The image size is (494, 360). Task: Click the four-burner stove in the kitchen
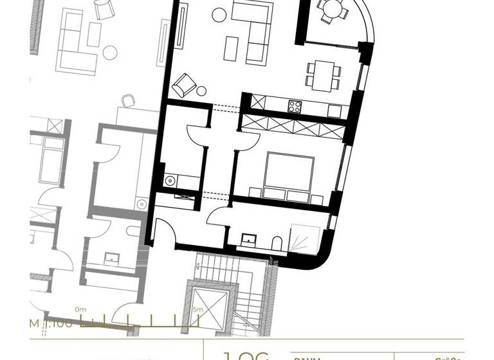(x=295, y=106)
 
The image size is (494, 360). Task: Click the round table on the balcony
(x=332, y=8)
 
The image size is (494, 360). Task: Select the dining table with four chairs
(x=322, y=75)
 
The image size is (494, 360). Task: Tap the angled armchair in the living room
(x=185, y=84)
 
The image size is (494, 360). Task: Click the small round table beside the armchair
(x=202, y=91)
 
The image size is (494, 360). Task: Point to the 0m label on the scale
(x=80, y=309)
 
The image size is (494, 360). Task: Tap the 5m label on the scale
(x=197, y=309)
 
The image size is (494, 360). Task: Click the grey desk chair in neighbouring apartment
(x=129, y=100)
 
